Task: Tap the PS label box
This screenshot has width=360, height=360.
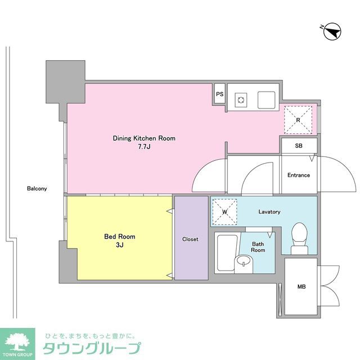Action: (220, 94)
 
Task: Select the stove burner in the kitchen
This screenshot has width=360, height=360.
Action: (241, 100)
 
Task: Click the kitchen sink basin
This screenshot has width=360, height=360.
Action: (266, 100)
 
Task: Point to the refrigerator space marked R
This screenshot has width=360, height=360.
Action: (299, 119)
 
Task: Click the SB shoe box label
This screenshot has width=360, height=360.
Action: (298, 146)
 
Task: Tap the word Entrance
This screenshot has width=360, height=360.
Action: (299, 175)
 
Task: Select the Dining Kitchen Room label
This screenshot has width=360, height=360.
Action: (144, 138)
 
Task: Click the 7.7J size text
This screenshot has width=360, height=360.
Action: (144, 147)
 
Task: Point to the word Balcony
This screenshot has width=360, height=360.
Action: (37, 189)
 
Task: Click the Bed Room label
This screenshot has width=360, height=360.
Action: (119, 237)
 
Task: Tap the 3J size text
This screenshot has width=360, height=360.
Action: (119, 245)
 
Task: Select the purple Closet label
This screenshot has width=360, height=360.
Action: (190, 239)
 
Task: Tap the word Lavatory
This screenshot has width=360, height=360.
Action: (269, 212)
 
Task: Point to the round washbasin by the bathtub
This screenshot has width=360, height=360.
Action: (243, 262)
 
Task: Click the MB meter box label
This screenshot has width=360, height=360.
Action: (301, 287)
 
